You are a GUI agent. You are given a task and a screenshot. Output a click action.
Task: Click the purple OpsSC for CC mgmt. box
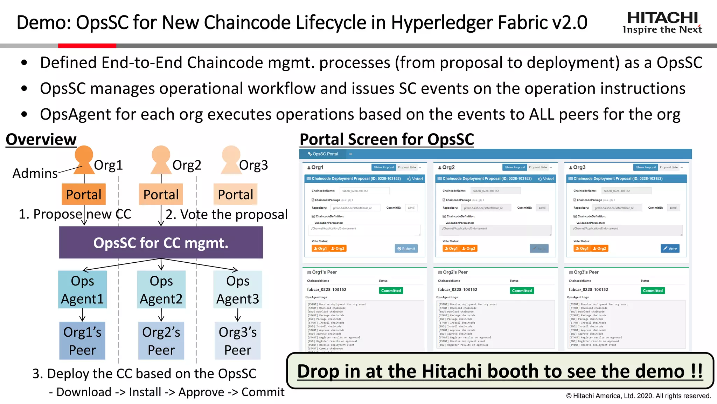[x=161, y=242]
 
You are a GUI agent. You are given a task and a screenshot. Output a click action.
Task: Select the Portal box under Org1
[x=84, y=194]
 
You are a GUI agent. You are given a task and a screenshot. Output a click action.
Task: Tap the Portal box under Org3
[x=235, y=194]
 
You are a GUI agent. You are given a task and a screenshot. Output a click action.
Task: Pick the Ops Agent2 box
[x=161, y=290]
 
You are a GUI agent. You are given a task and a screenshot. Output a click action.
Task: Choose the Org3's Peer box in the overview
[x=238, y=341]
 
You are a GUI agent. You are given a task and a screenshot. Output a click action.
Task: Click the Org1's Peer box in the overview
[x=82, y=341]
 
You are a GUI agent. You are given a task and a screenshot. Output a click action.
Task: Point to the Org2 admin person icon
[x=161, y=160]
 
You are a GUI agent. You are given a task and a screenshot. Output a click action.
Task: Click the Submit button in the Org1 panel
[x=406, y=249]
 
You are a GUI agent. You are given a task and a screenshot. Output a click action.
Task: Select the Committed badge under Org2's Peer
[x=522, y=290]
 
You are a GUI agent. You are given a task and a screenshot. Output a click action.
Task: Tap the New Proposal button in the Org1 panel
[x=384, y=167]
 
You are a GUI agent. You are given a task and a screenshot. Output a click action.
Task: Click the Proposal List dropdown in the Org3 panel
[x=669, y=167]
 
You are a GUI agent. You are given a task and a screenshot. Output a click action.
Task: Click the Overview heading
[x=41, y=140]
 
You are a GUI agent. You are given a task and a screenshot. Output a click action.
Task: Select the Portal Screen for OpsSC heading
[x=387, y=140]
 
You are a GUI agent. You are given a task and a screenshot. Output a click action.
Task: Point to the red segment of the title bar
[x=87, y=46]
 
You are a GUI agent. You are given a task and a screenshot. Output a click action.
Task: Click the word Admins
[x=35, y=173]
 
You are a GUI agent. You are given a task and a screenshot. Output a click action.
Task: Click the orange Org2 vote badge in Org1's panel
[x=338, y=248]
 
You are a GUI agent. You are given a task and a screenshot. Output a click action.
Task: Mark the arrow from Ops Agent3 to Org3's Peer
[x=238, y=315]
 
